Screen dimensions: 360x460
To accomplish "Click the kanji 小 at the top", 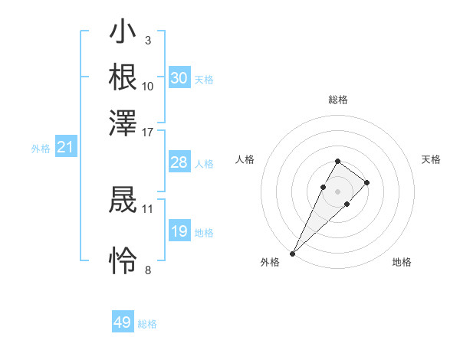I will (123, 34).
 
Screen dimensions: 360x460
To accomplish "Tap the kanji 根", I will (123, 77).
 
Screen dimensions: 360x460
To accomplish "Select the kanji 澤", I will (123, 122).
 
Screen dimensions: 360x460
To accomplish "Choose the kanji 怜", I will (123, 260).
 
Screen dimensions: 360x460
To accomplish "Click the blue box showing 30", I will (179, 78).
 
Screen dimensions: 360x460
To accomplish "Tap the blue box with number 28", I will (179, 162).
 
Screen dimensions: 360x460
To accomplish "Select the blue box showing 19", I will (179, 231).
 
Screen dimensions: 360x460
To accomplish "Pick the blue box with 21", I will (65, 148).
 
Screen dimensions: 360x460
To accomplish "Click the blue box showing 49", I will (123, 322).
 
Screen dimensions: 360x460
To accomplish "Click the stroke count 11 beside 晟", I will (147, 208).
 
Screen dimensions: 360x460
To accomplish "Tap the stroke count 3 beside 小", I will (147, 40).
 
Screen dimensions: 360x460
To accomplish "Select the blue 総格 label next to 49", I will (147, 324).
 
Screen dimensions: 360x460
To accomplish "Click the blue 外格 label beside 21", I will (40, 149).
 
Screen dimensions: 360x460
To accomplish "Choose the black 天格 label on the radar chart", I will (431, 159).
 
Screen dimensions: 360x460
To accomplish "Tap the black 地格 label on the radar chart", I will (402, 262).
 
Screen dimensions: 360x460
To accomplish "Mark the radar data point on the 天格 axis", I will (367, 182).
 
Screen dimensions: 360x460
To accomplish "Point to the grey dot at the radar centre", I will (337, 191).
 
